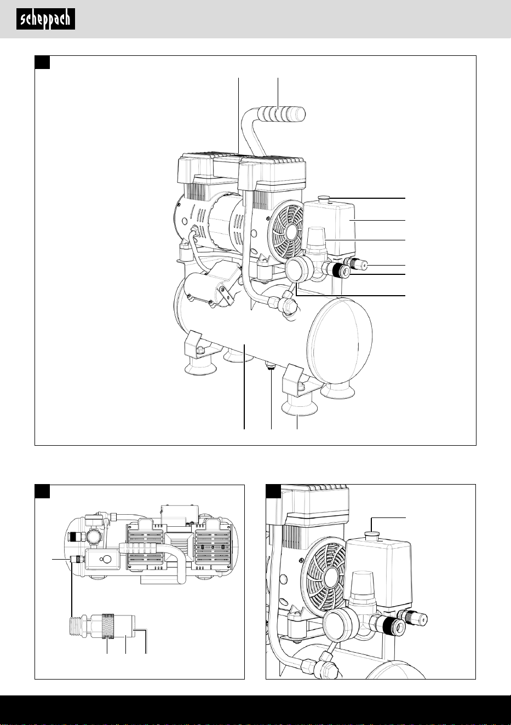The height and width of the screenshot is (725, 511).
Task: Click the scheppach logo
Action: pos(45,19)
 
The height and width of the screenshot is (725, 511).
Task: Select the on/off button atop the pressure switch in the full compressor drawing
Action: pos(324,198)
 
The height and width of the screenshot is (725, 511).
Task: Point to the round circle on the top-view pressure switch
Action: pos(106,559)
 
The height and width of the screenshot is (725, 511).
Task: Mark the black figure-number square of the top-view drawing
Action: pos(42,491)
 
